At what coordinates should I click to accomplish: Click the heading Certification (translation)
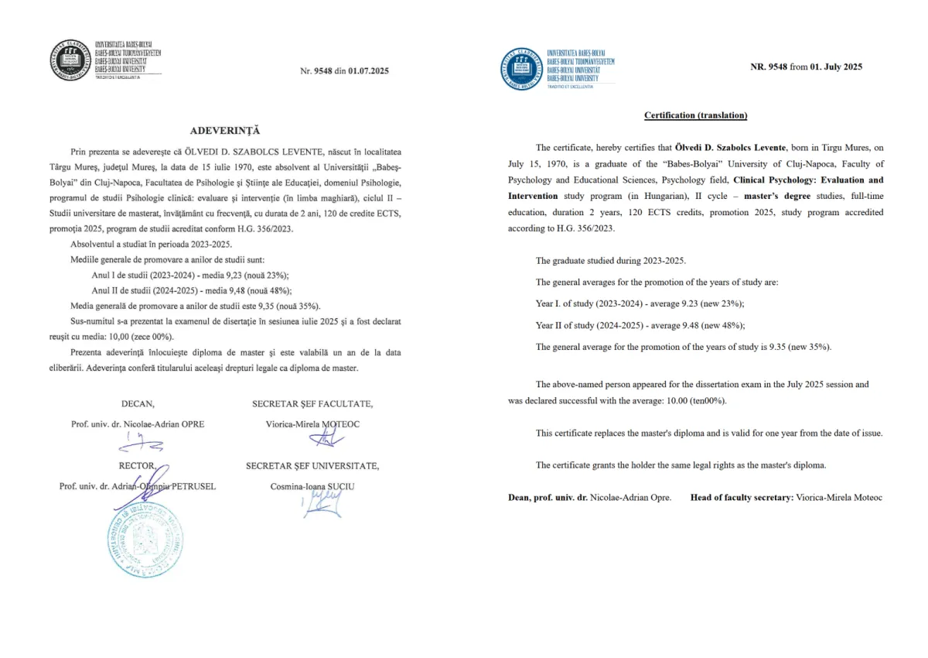[696, 115]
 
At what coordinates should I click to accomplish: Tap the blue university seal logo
[522, 68]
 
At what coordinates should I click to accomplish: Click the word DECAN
[138, 403]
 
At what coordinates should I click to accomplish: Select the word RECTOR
[138, 465]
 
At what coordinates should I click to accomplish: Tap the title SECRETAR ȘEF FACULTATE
[312, 403]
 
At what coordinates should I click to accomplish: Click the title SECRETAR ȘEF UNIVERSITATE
[312, 465]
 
